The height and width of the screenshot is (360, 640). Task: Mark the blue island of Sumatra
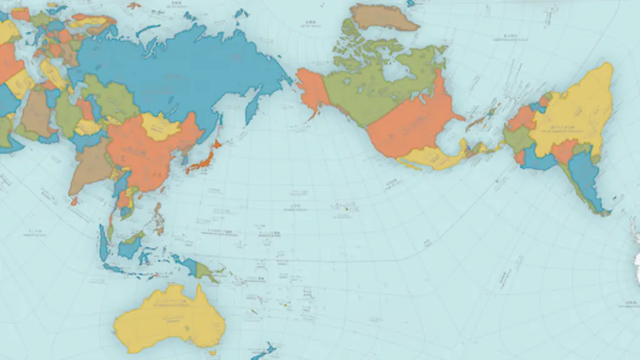coord(102,244)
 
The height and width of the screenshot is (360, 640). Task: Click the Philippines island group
coord(159,219)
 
